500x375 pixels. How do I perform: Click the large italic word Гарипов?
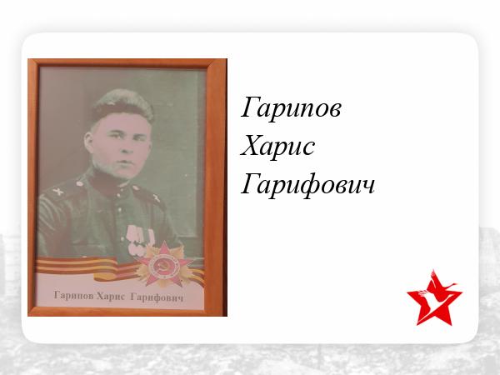tap(291, 108)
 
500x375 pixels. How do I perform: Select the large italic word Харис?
tap(277, 147)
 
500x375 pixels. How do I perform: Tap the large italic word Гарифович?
tap(307, 184)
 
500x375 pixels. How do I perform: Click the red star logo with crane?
tap(434, 298)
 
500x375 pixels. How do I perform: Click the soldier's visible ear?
tap(88, 141)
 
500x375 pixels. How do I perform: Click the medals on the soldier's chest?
tap(140, 239)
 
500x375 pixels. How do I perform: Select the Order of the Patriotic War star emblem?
tap(164, 264)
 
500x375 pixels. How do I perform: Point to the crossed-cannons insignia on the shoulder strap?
tap(57, 192)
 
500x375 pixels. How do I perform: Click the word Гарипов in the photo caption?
tap(73, 296)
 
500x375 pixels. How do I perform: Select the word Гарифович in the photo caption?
tap(157, 297)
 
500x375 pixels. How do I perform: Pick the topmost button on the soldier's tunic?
tap(121, 193)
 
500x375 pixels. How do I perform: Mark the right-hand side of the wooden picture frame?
tap(216, 187)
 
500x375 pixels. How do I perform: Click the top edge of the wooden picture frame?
tap(127, 63)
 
